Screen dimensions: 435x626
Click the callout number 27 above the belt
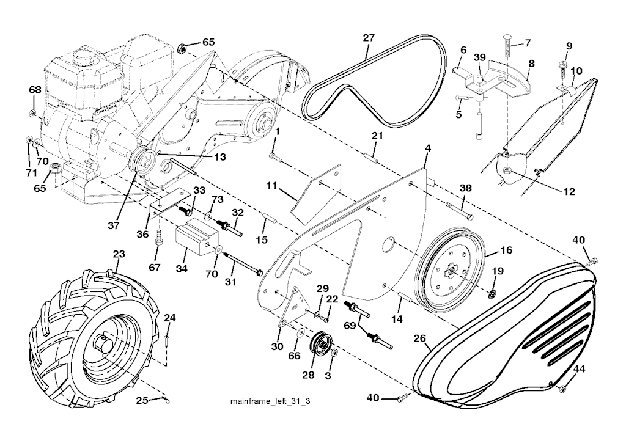click(x=368, y=38)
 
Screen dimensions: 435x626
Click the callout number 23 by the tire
click(x=119, y=254)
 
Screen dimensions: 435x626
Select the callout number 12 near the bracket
click(x=569, y=191)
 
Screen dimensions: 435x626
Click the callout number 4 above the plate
click(x=428, y=148)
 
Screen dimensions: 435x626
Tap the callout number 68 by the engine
click(x=35, y=90)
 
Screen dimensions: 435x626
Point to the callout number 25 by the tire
click(x=141, y=401)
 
